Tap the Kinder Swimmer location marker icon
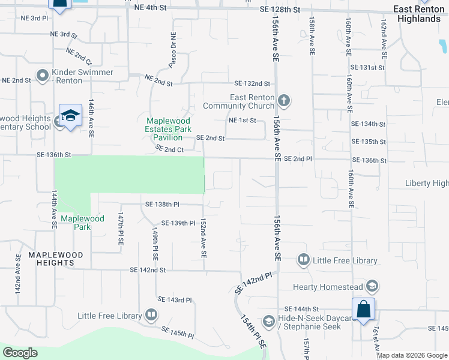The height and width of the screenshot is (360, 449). pyautogui.click(x=43, y=76)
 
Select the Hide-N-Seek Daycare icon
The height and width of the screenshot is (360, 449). pyautogui.click(x=269, y=322)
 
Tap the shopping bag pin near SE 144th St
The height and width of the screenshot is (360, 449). pyautogui.click(x=364, y=310)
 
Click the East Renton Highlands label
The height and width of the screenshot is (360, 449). pyautogui.click(x=418, y=14)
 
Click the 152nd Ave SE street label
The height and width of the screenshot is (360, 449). pyautogui.click(x=203, y=238)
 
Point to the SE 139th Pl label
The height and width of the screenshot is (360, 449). pyautogui.click(x=175, y=223)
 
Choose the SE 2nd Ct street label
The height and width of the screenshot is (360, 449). pyautogui.click(x=169, y=148)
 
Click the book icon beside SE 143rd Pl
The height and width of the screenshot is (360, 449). pyautogui.click(x=151, y=315)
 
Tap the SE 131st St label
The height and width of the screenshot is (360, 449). pyautogui.click(x=368, y=68)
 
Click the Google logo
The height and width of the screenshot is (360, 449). pyautogui.click(x=20, y=353)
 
